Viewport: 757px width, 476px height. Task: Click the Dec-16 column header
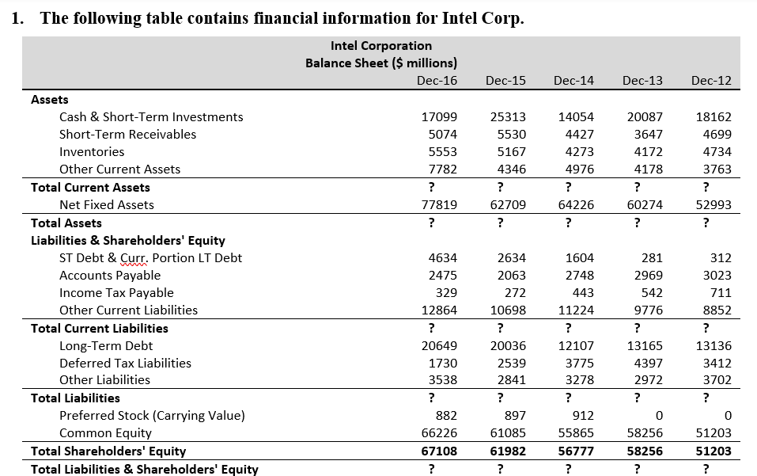tap(437, 80)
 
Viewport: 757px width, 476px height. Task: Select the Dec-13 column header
tap(642, 80)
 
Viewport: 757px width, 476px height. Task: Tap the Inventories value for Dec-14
tap(579, 152)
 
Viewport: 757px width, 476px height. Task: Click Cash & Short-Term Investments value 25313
tap(508, 117)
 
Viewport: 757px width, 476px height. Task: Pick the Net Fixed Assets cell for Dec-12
tap(713, 205)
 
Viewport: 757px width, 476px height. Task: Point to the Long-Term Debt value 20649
tap(439, 346)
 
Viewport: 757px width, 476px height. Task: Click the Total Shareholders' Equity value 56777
tap(576, 451)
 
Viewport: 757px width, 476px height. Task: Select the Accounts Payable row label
tap(110, 276)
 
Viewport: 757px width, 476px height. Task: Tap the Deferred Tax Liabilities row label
tap(126, 364)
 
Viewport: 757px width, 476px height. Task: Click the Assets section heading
tap(50, 100)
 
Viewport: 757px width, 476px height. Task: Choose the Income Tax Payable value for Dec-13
tap(651, 293)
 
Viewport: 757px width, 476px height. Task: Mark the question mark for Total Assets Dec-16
tap(432, 223)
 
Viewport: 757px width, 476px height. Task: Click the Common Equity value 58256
tap(645, 433)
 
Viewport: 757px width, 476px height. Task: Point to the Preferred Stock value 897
tap(515, 416)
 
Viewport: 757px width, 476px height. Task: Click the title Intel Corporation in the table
tap(381, 46)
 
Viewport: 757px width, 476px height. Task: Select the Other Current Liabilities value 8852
tap(717, 310)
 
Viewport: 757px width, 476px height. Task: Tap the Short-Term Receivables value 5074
tap(443, 135)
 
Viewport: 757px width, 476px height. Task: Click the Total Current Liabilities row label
tap(100, 329)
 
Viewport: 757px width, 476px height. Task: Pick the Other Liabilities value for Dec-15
tap(512, 380)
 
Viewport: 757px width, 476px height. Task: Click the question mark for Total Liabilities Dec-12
tap(706, 398)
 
